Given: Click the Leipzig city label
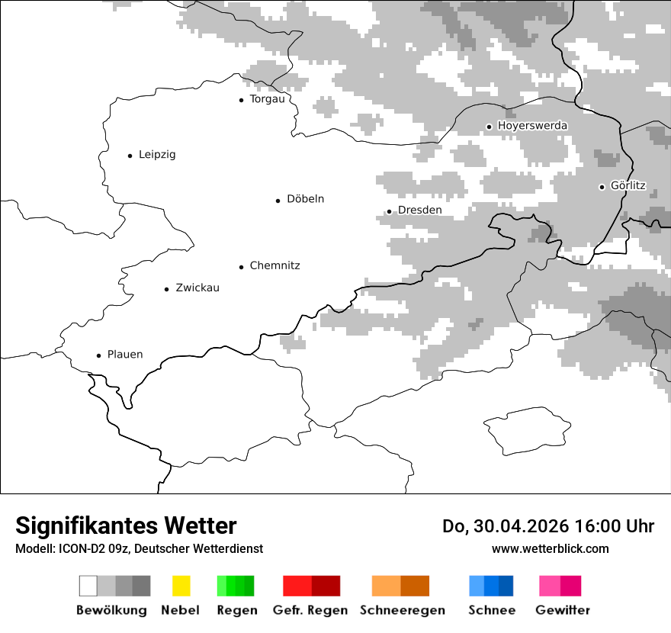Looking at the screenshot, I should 157,155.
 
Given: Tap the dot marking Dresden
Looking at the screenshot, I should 389,211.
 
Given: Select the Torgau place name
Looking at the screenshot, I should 267,99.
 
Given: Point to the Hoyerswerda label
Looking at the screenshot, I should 532,126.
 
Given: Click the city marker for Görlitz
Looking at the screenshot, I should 602,187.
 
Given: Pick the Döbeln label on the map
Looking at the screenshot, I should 305,199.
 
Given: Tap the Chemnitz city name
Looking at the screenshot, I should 274,266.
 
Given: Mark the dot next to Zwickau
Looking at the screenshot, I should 167,289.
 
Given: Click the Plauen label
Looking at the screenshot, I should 125,355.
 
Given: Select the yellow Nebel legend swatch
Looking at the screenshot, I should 181,586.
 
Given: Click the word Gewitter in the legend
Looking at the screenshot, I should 563,610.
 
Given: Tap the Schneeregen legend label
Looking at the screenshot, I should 403,610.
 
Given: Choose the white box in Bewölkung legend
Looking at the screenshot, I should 88,586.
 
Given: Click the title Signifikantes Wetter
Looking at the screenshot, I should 126,525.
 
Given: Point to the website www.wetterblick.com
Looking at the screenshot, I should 550,548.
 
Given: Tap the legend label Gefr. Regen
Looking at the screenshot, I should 310,610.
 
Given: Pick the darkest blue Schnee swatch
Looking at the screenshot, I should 506,586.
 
